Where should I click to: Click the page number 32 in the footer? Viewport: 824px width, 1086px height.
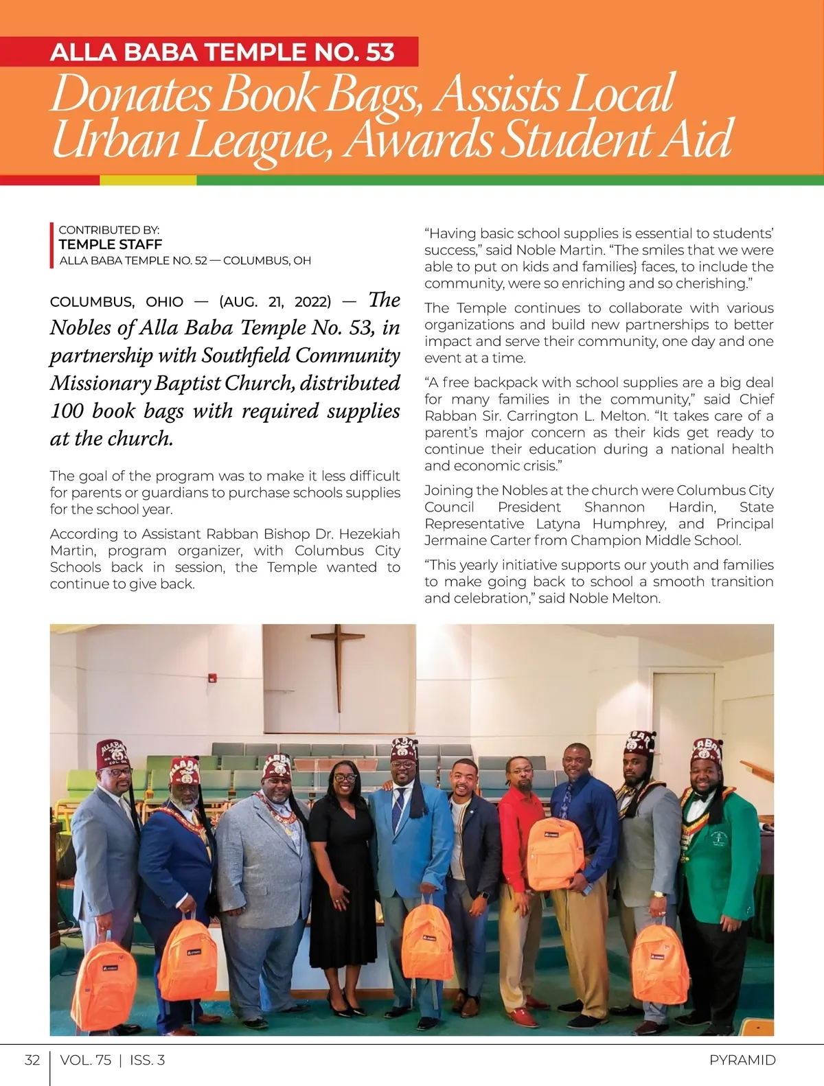32,1060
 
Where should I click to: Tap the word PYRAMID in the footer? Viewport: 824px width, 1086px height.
742,1060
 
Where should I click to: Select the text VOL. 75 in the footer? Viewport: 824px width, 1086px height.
86,1060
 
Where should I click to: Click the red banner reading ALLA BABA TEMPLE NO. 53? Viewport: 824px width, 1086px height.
222,52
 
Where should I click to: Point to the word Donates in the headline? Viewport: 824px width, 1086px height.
130,94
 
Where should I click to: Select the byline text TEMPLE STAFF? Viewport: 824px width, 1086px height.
111,244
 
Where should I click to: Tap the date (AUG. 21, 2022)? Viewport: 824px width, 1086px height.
275,302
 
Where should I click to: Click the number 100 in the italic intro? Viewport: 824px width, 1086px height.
67,411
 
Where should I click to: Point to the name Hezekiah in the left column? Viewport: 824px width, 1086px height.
368,534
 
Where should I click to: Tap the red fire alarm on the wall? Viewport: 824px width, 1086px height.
213,678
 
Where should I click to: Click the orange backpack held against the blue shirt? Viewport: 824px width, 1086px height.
555,853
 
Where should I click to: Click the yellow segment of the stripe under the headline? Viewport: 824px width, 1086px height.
148,181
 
